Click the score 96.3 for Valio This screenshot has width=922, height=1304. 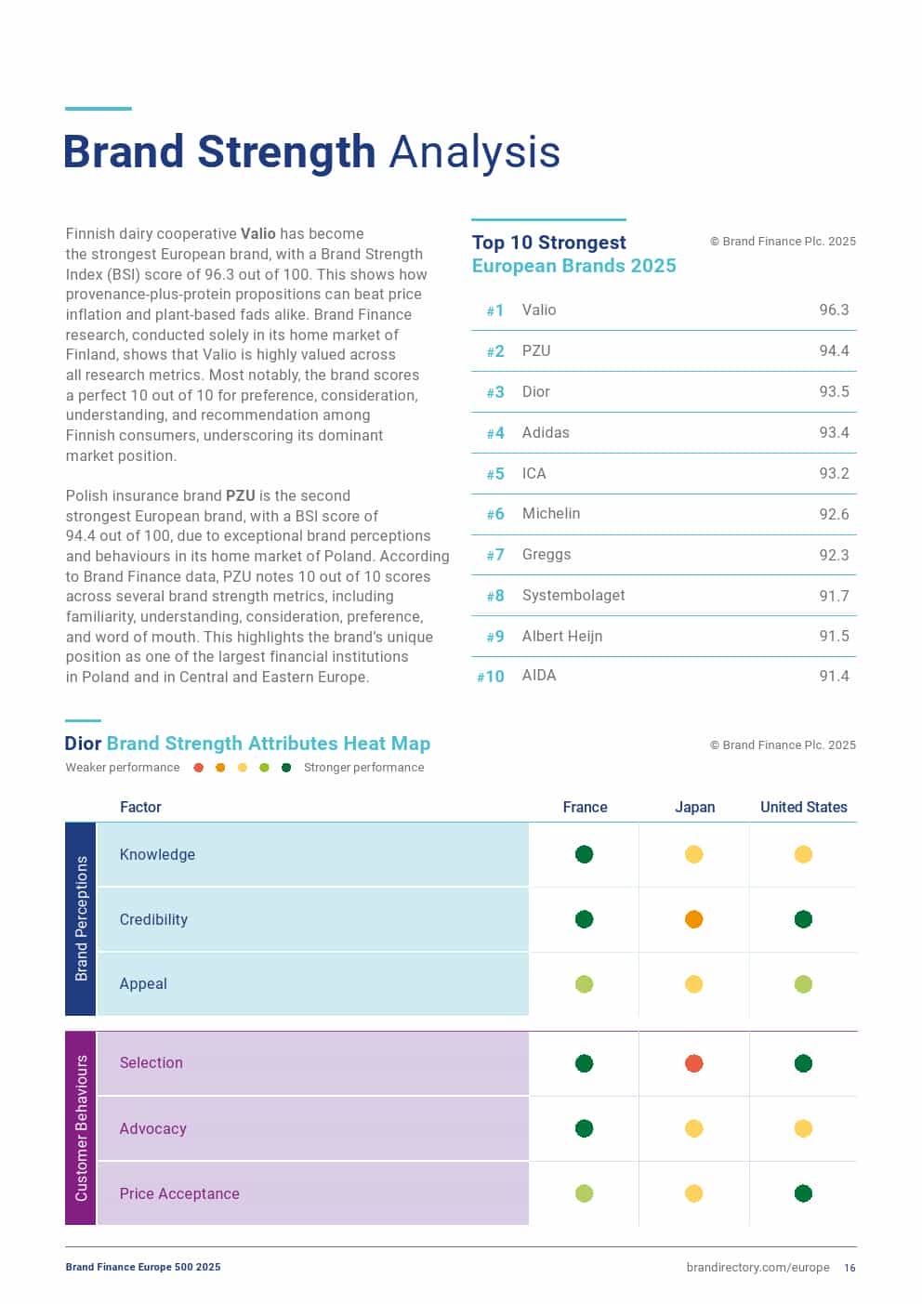(834, 310)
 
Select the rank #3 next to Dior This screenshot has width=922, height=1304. (495, 392)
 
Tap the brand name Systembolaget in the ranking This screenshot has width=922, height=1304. (573, 595)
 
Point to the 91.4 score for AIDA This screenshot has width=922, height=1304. (834, 676)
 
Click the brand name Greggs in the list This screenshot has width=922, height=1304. (547, 554)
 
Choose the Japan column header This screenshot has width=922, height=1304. (694, 807)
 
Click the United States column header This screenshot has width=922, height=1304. (803, 807)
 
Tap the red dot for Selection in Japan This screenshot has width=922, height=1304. (694, 1063)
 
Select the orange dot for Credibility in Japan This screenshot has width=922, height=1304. (694, 919)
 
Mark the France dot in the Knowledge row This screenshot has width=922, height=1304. (584, 854)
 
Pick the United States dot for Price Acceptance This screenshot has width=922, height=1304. (804, 1193)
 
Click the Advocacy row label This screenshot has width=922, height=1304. (153, 1128)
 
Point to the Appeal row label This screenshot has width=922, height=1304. (143, 983)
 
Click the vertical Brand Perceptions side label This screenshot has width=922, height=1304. (81, 918)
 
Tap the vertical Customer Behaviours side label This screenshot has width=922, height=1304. (81, 1127)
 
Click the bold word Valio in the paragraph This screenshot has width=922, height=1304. (258, 233)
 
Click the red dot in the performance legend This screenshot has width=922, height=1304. (198, 768)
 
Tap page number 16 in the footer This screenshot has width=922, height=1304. (850, 1268)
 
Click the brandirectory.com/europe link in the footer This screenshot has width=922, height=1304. (757, 1268)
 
